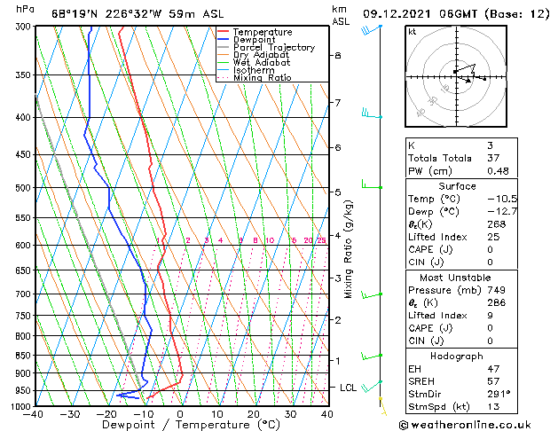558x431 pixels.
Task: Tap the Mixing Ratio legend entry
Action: point(263,78)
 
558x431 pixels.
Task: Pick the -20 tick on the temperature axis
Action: point(106,414)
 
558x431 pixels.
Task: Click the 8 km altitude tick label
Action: point(338,55)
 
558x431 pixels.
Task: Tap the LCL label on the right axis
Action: point(349,388)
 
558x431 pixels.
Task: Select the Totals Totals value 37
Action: point(492,158)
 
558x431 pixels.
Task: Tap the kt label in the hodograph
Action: point(413,31)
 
